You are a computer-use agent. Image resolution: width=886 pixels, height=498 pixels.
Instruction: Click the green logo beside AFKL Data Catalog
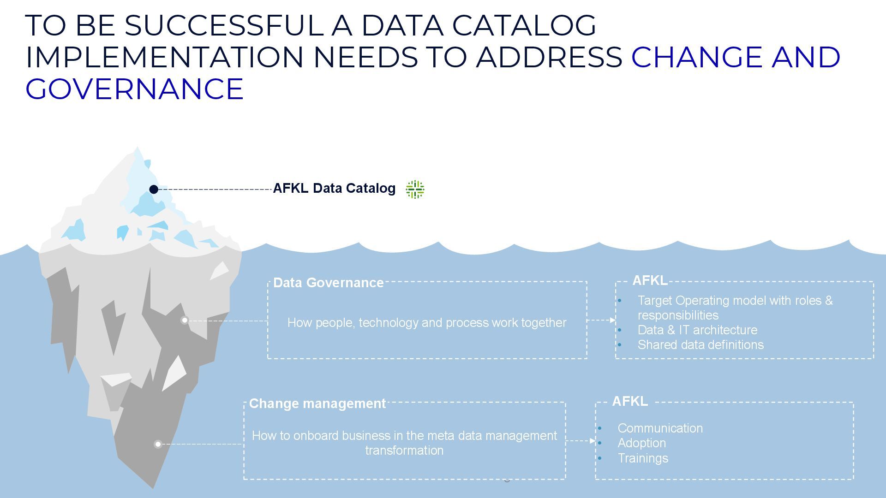tap(415, 189)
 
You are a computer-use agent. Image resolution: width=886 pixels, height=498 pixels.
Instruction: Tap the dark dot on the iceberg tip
tap(154, 190)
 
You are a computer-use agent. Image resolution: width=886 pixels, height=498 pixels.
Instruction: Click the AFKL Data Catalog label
tap(334, 188)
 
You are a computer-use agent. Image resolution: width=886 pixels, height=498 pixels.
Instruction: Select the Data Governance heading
tap(328, 283)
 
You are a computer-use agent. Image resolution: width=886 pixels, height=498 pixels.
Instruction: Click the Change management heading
tap(317, 403)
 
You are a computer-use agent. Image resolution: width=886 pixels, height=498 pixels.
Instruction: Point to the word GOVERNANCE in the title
tap(134, 89)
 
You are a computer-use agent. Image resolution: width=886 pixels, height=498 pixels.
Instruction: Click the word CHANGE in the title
tap(696, 57)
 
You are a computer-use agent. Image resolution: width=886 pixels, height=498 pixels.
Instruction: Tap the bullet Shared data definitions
tap(700, 345)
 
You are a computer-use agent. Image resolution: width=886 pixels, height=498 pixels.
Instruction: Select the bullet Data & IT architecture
tap(697, 330)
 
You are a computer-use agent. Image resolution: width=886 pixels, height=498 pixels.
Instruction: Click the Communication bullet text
tap(660, 428)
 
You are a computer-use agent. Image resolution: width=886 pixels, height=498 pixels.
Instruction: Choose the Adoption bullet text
tap(641, 443)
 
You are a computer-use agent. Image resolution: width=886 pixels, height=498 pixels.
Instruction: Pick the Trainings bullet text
tap(642, 458)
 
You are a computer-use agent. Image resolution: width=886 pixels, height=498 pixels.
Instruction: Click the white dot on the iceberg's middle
tap(185, 320)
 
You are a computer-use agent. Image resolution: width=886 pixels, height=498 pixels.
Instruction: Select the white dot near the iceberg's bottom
tap(158, 444)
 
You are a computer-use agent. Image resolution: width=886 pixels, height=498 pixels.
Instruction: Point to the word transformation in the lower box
tap(404, 451)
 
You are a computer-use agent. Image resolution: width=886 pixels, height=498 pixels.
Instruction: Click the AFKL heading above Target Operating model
tap(649, 280)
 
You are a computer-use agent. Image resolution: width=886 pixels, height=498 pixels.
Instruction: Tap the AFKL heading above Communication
tap(629, 402)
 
